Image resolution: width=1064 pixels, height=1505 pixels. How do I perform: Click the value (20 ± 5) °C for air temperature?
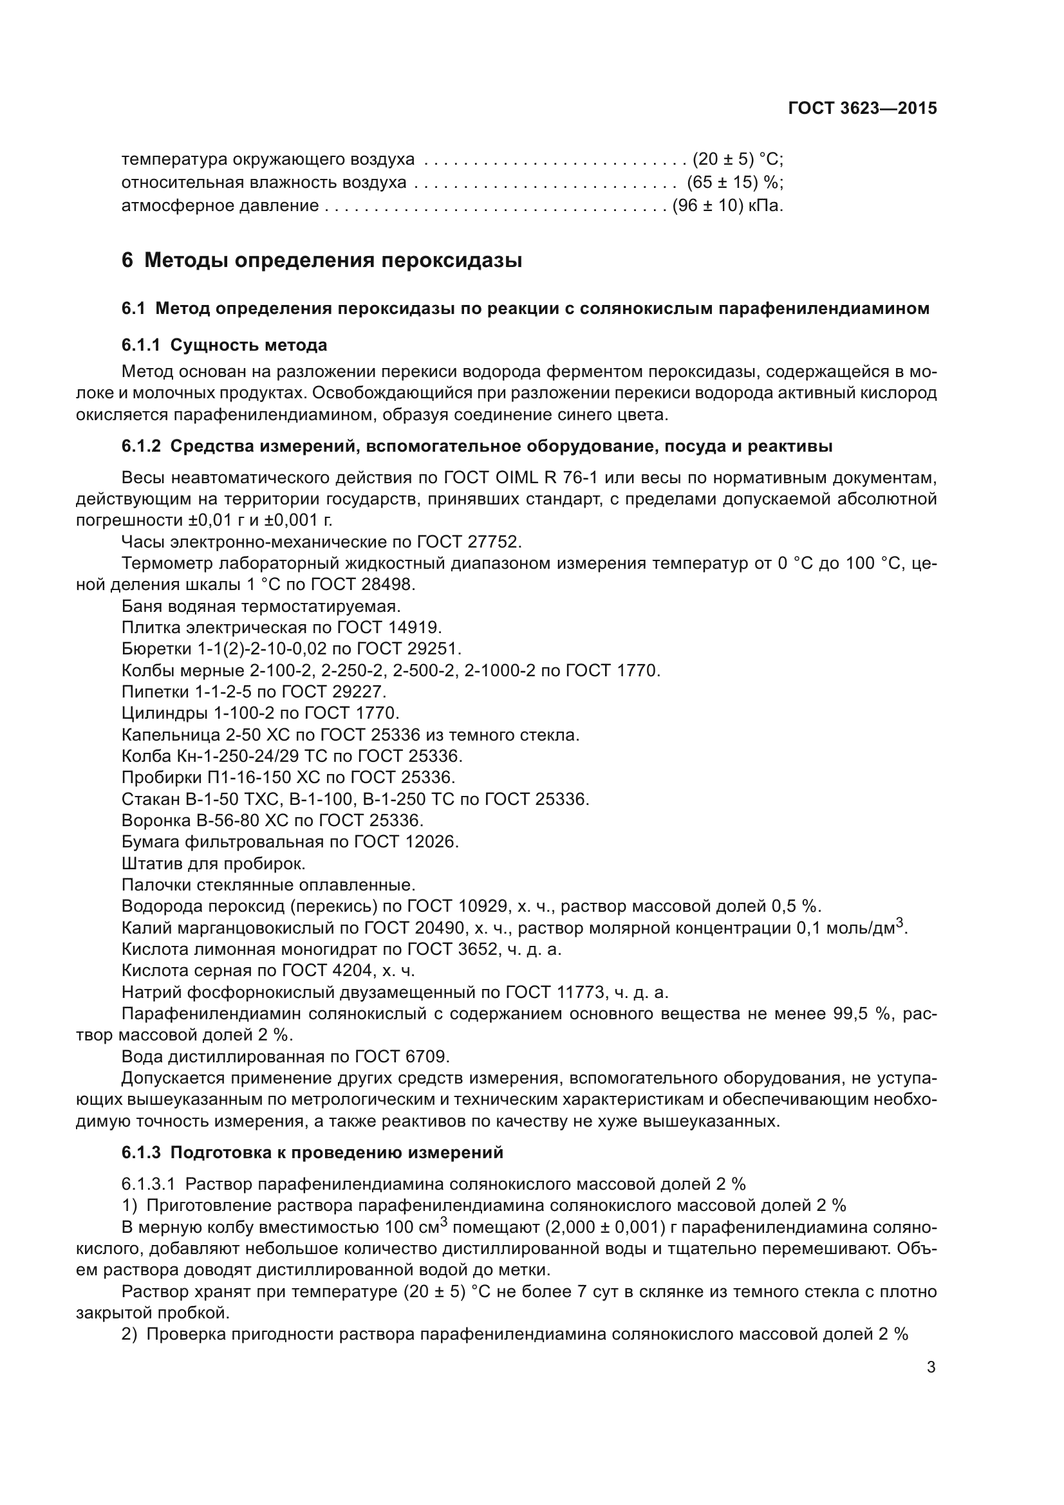(x=738, y=160)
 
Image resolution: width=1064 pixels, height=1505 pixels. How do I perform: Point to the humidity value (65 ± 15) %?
(x=735, y=182)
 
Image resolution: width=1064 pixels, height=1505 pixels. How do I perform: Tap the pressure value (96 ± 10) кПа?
(x=728, y=206)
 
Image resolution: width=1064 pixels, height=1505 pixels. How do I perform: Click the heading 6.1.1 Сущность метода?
(x=224, y=345)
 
